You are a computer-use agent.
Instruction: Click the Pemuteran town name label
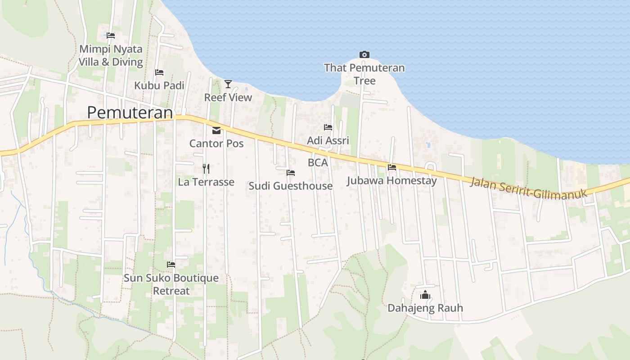point(130,112)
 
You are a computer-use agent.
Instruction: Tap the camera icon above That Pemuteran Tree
point(364,55)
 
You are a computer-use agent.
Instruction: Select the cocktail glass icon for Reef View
point(228,84)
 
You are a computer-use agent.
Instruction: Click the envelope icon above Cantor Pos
point(216,130)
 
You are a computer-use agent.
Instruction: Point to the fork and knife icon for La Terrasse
point(206,169)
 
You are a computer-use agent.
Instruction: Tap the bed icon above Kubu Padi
point(159,72)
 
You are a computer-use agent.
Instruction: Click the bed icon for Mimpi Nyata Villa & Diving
point(111,35)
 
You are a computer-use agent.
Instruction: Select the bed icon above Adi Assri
point(328,127)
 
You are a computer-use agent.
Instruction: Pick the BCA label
point(318,162)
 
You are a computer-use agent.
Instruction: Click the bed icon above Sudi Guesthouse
point(291,173)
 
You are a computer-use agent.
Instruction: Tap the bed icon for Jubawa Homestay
point(392,167)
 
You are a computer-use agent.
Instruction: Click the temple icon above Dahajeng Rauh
point(425,295)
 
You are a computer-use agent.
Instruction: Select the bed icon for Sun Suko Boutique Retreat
point(171,265)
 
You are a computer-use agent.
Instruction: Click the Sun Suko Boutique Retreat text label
point(171,284)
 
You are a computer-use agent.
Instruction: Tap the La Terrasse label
point(206,182)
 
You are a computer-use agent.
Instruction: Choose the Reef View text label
point(228,97)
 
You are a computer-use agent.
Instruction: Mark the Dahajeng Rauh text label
point(425,308)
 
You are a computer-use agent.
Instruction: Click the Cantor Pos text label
point(216,144)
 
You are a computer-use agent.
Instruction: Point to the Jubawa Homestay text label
point(391,181)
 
